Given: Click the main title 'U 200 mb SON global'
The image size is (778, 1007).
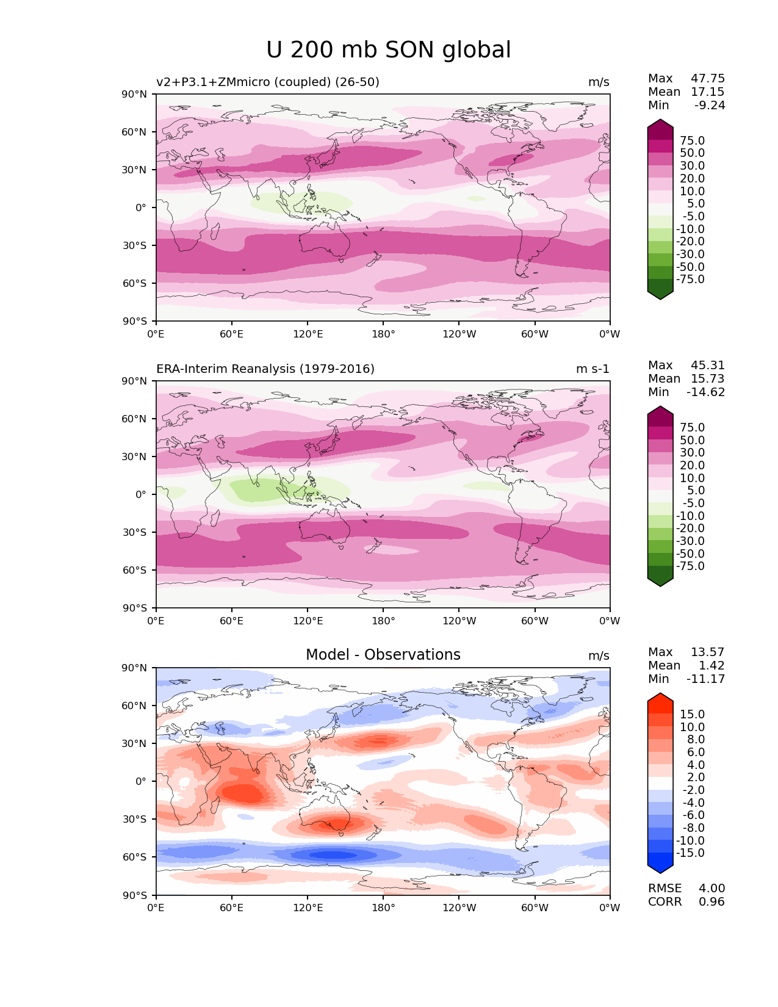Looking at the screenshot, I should coord(389,50).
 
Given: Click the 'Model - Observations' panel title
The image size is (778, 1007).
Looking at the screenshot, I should coord(383,655).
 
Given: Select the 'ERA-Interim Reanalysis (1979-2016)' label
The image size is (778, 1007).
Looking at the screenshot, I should coord(265,369).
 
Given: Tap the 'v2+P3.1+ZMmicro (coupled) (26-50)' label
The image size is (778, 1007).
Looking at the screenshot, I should coord(268,82).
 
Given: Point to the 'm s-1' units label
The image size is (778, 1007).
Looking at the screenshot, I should coord(593,369).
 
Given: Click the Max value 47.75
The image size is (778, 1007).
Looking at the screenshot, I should coord(707,78).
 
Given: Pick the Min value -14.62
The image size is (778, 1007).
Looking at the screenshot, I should coord(705,392).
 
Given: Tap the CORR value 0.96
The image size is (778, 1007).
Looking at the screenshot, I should coord(711,901).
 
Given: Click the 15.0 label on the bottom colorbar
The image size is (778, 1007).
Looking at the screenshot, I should coord(692,714).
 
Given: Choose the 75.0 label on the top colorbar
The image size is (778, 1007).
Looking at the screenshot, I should coord(692,140).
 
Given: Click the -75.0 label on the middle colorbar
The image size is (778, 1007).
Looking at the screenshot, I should coord(690,566).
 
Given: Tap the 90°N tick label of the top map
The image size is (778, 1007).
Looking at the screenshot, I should coord(135,94).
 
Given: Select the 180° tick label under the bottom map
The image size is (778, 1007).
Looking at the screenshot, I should coord(383,908).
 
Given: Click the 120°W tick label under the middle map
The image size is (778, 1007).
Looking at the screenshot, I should coord(459,621).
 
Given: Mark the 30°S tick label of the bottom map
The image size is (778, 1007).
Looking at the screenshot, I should coord(135,819).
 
